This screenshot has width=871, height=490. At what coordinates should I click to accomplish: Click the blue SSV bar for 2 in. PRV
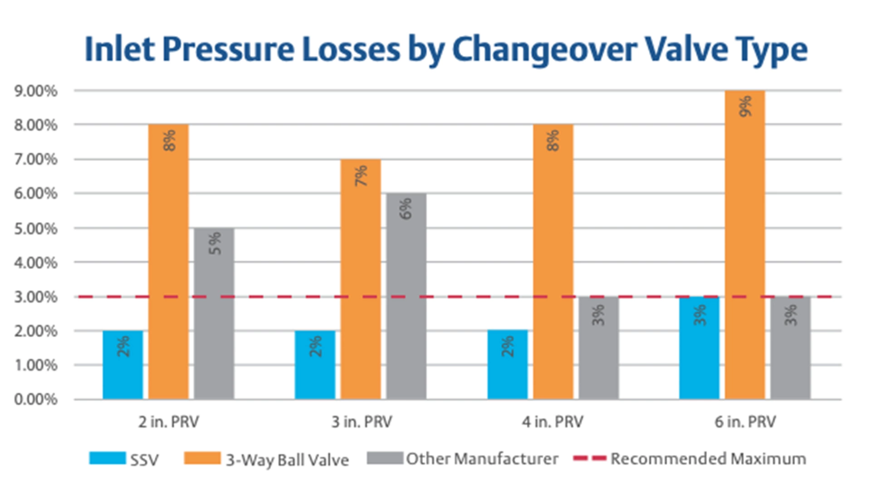click(122, 365)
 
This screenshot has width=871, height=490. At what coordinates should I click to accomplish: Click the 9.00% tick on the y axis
click(36, 91)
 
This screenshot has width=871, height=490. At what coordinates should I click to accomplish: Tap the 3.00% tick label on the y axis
click(36, 297)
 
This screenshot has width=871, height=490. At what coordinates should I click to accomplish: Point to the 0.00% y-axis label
click(36, 400)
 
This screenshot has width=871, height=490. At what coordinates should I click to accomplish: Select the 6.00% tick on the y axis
click(36, 194)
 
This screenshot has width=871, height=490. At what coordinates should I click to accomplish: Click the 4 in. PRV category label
click(553, 422)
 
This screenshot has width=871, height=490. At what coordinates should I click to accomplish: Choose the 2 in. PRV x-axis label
click(169, 422)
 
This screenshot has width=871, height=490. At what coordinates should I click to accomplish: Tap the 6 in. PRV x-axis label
click(745, 422)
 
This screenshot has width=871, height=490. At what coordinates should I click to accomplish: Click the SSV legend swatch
click(108, 458)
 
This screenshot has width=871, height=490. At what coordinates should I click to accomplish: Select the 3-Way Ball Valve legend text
click(288, 460)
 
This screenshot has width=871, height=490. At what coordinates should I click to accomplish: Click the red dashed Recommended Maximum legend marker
click(590, 459)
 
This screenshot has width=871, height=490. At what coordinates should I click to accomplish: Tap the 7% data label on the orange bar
click(361, 176)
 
